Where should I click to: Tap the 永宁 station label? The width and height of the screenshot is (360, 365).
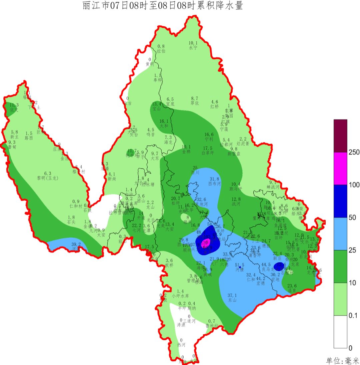[193, 48]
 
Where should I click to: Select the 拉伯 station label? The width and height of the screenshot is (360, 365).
[161, 51]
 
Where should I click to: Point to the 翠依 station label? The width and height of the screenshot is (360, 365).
[195, 103]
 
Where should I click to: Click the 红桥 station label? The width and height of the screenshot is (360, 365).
[215, 107]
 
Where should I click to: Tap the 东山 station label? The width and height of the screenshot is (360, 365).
[232, 300]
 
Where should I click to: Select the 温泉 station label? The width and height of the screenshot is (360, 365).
[292, 291]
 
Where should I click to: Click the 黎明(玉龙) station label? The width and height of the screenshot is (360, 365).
[48, 178]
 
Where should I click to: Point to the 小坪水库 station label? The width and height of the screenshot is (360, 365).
[180, 296]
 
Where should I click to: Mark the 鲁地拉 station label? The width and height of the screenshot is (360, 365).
[211, 326]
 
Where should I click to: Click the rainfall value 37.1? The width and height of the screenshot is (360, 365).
[232, 295]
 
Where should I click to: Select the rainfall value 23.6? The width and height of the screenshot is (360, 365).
[292, 286]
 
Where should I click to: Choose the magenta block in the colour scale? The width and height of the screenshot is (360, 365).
[340, 168]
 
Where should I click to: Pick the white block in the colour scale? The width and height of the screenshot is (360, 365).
[340, 332]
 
